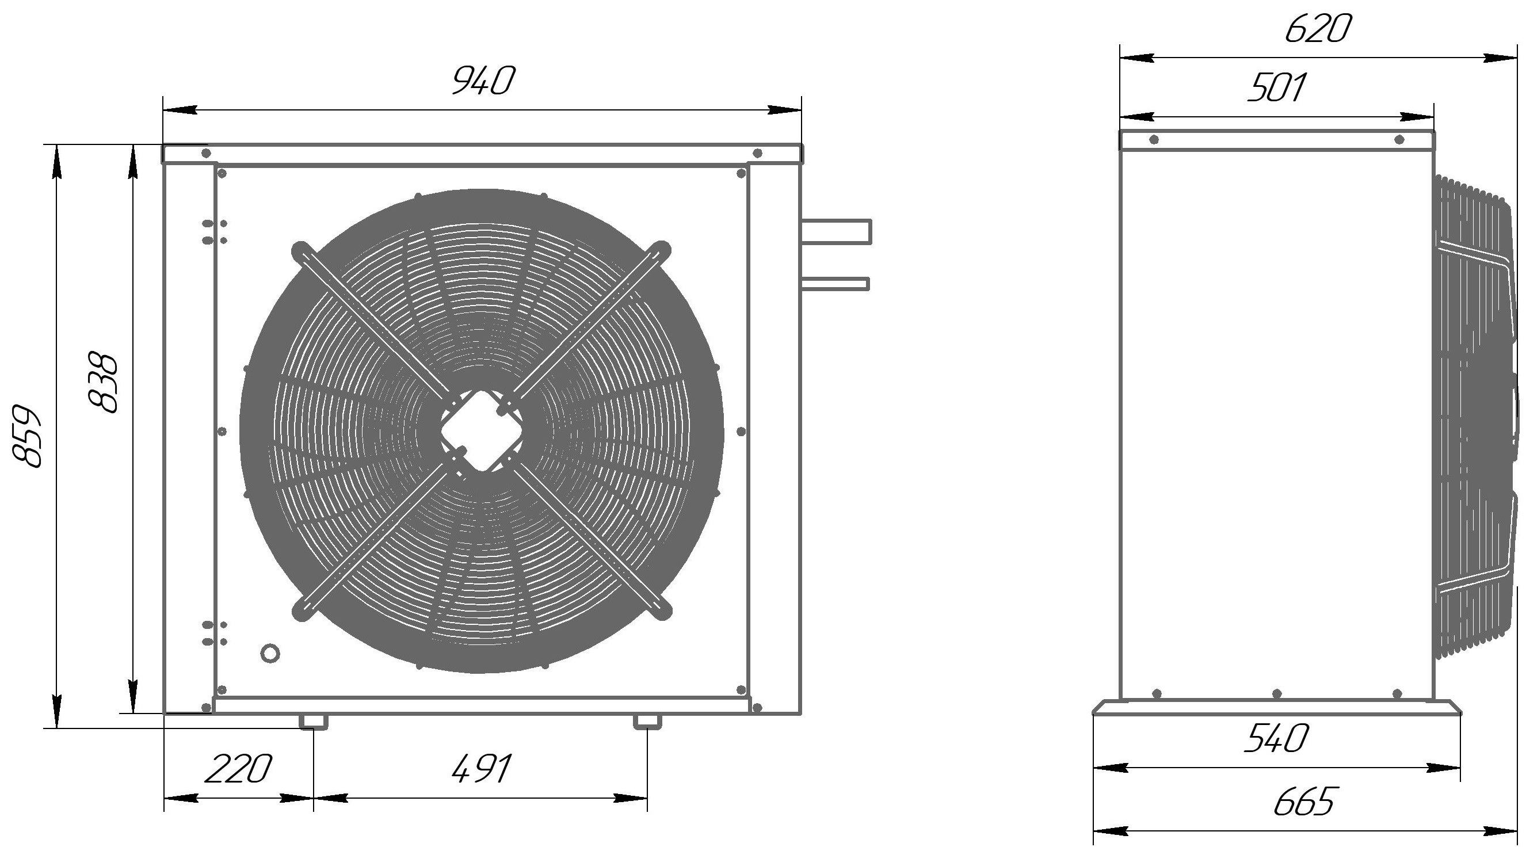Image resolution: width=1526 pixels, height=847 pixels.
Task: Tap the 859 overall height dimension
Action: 27,437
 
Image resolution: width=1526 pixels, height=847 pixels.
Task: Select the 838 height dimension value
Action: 102,383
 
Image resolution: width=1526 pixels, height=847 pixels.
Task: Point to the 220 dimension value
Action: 238,769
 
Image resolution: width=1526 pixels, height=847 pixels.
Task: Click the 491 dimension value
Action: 481,769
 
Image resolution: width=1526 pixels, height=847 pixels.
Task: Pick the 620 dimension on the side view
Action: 1318,28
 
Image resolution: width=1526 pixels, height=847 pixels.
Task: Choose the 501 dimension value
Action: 1276,87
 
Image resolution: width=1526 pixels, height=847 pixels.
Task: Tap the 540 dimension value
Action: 1276,738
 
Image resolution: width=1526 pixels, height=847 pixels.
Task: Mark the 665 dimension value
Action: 1305,802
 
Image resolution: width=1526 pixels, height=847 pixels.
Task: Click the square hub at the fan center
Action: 481,430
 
